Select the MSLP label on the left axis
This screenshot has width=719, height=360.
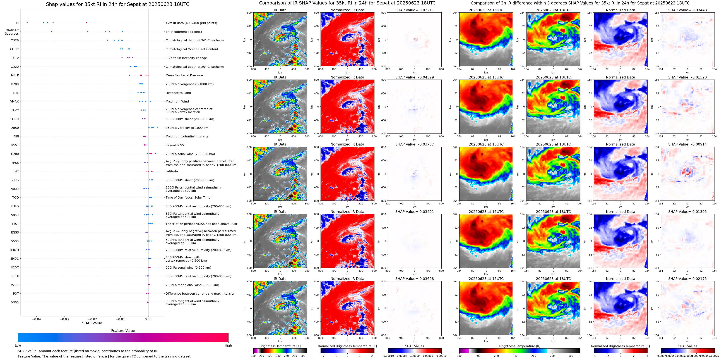(15, 75)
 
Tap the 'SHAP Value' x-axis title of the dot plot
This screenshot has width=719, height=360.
(92, 323)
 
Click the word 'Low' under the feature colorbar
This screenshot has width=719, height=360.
(18, 345)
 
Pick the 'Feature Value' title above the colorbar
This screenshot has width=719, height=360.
(123, 331)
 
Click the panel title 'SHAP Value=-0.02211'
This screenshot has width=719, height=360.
(415, 10)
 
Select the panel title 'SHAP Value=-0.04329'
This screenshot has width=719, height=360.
(415, 77)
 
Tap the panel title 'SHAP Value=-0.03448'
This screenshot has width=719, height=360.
(687, 10)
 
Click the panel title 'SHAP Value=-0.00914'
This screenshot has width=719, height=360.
(687, 144)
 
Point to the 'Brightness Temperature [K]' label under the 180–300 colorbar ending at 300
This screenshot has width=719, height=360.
(280, 346)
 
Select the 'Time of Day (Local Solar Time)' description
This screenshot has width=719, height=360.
(188, 198)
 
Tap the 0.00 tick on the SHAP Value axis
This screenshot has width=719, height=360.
(148, 319)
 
